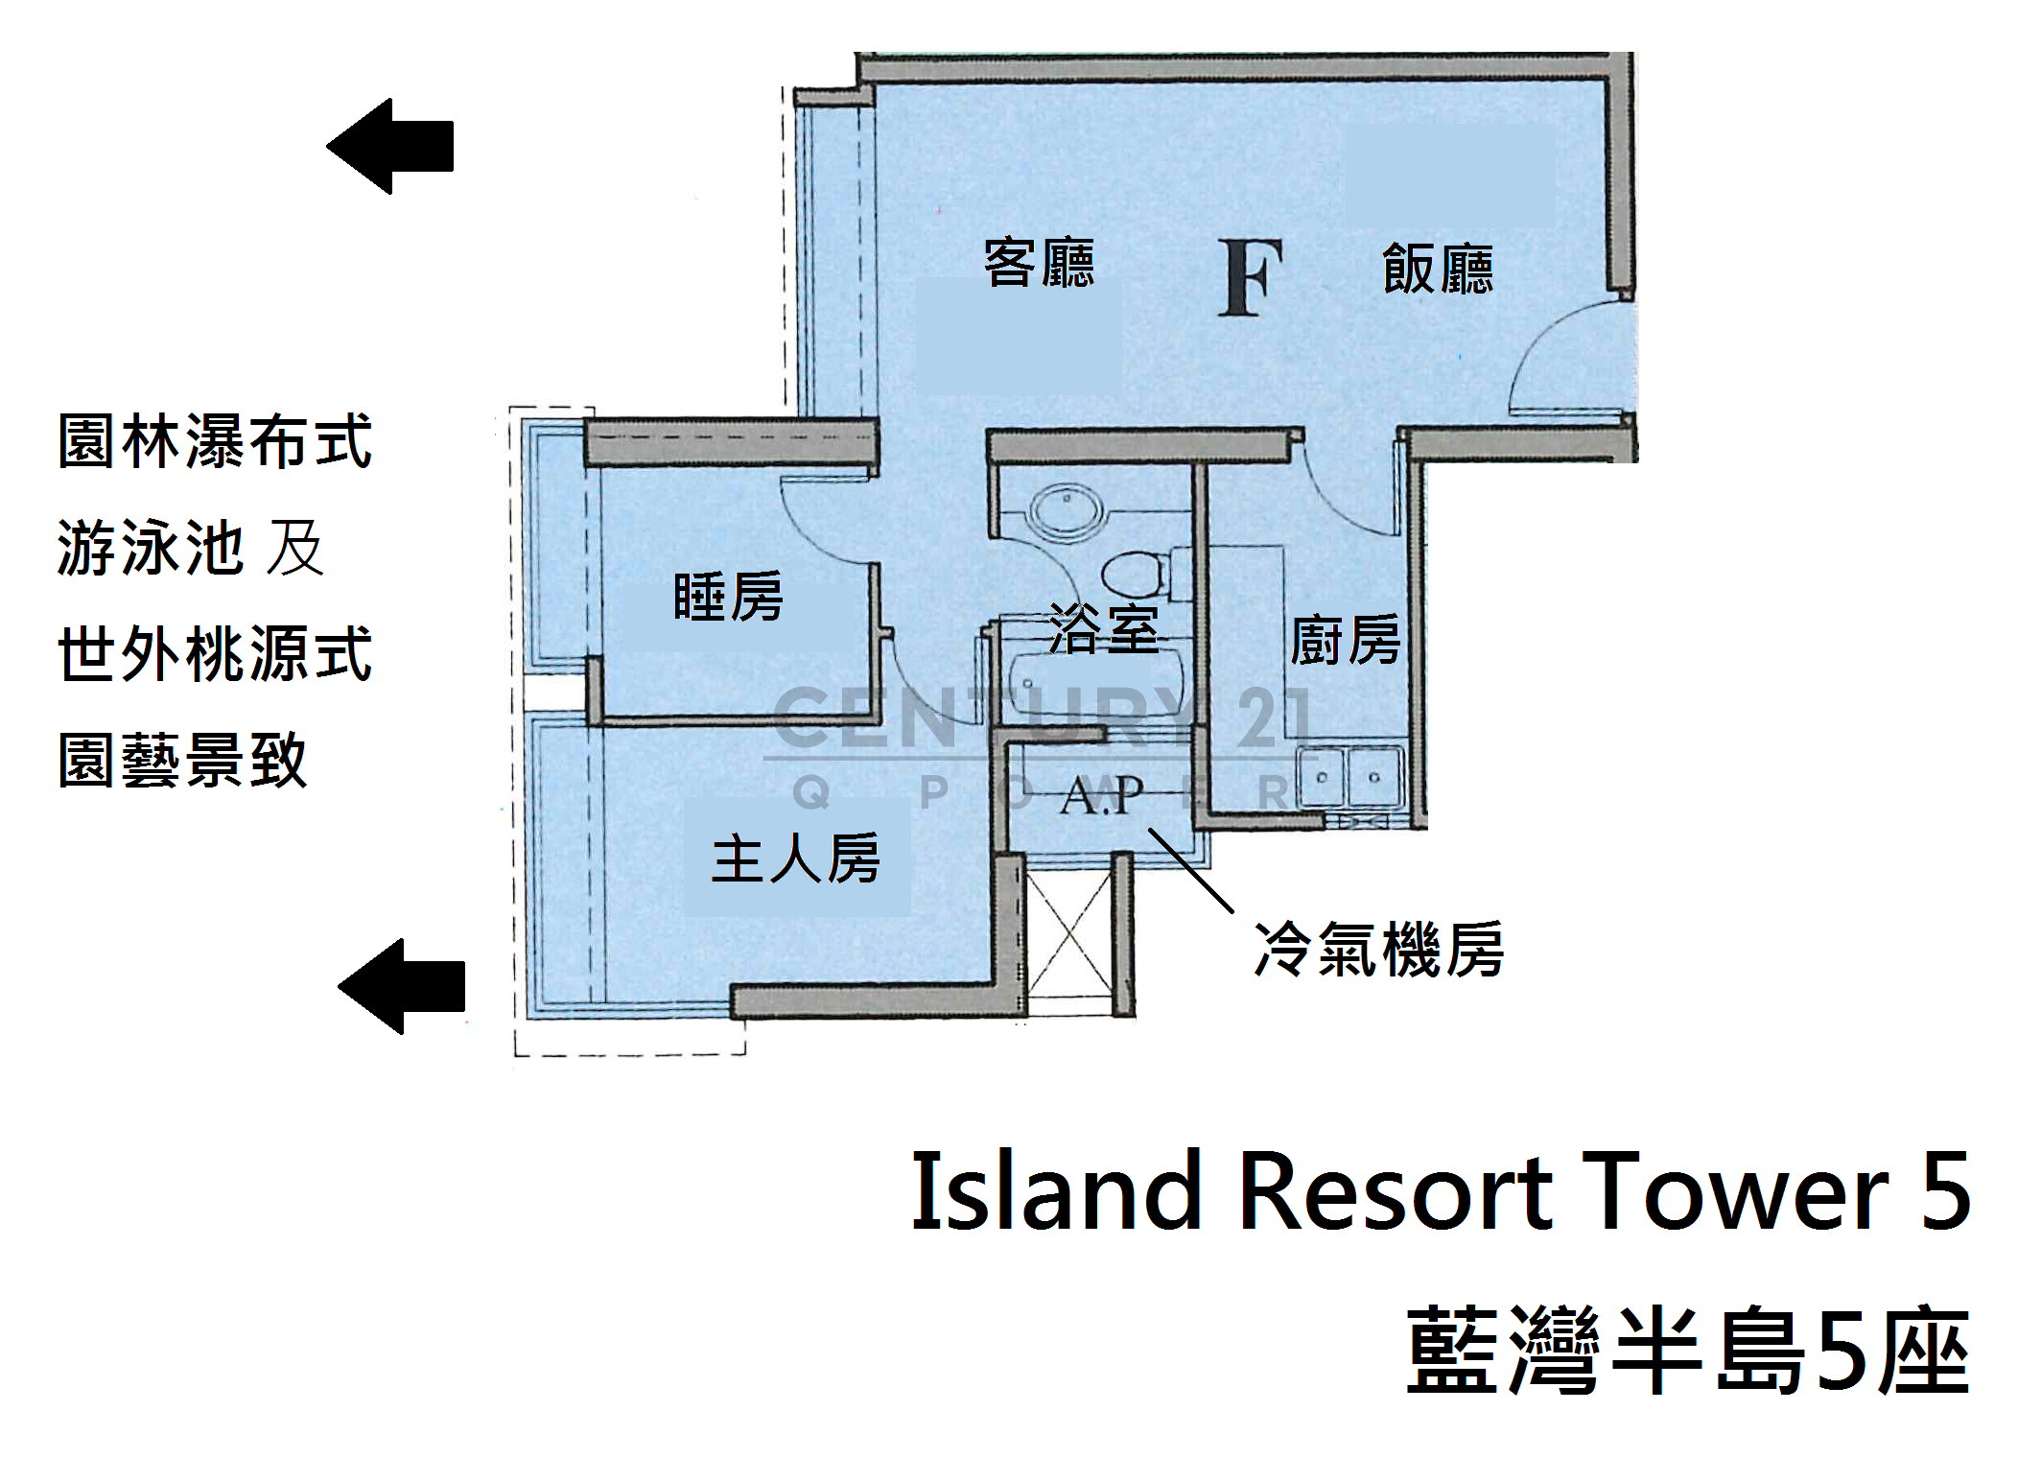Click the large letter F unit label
tap(1251, 278)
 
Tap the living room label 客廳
tap(1040, 263)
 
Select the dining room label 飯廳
tap(1438, 268)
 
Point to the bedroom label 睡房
tap(728, 596)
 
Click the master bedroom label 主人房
tap(796, 857)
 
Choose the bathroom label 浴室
tap(1104, 629)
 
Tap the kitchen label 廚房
tap(1345, 640)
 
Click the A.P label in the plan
tap(1102, 794)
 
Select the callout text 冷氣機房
tap(1379, 950)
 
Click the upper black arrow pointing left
tap(389, 146)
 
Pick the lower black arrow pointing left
tap(401, 986)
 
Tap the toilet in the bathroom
tap(1134, 575)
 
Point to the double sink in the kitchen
tap(1349, 777)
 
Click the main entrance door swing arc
tap(1570, 354)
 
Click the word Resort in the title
tap(1396, 1191)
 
